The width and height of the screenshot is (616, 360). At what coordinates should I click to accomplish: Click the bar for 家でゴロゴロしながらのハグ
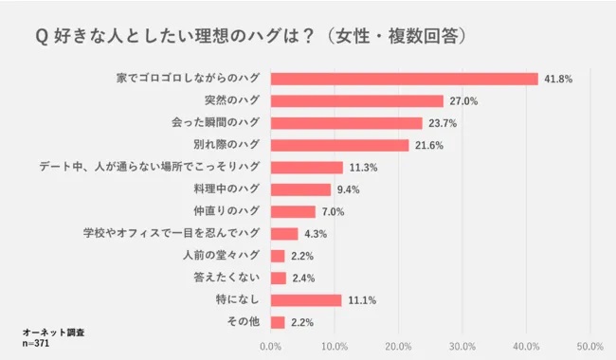point(405,79)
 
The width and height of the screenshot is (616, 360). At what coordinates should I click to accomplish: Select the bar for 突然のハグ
point(357,100)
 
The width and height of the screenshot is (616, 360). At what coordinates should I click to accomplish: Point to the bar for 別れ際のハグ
point(340,145)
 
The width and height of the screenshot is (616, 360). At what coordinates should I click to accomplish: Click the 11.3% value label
point(363,168)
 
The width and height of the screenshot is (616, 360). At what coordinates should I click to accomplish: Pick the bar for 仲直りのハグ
point(294,211)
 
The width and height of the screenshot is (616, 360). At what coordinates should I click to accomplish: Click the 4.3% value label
point(317,234)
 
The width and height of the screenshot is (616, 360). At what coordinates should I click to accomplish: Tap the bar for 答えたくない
point(279,278)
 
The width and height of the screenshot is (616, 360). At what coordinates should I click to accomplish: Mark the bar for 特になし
point(306,300)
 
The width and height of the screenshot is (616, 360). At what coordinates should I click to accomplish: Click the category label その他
point(243,322)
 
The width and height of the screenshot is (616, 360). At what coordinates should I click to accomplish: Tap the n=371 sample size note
point(36,344)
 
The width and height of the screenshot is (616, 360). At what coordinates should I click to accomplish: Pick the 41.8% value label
point(558,79)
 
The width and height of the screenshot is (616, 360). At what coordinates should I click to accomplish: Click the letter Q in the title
point(42,35)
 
